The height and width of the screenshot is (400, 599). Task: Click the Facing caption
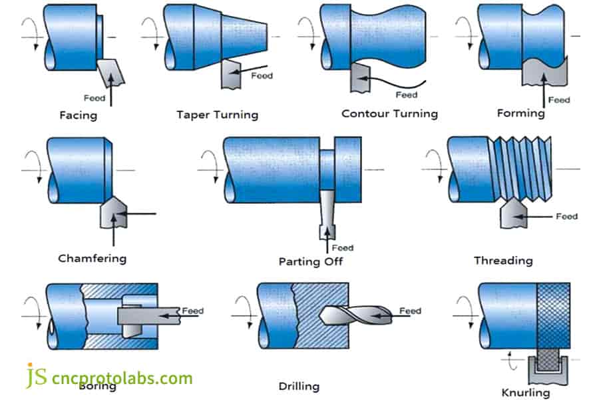78,115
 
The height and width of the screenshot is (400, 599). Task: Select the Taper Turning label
217,115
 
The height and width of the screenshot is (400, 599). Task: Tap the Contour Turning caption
389,113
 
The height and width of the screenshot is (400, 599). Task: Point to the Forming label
520,113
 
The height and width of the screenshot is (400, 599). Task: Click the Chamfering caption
92,257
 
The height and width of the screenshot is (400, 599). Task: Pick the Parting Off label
310,261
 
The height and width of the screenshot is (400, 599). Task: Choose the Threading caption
502,260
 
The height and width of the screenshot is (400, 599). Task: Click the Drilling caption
299,386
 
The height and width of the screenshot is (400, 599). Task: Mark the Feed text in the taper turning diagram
262,75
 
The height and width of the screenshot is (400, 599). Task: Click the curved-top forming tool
543,71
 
